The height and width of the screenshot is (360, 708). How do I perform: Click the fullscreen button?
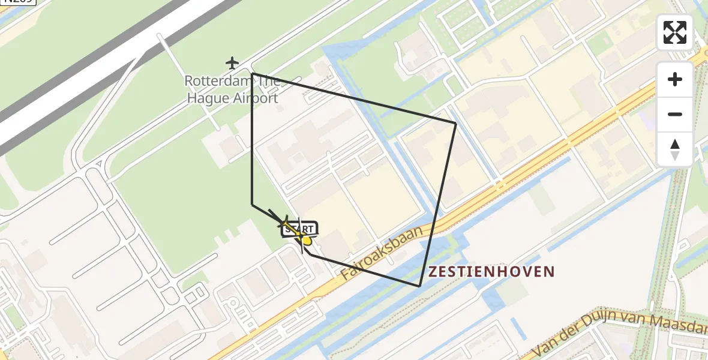tap(675, 32)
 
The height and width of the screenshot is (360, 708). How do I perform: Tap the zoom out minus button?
tap(675, 114)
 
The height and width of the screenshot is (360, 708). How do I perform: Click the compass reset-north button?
tap(675, 149)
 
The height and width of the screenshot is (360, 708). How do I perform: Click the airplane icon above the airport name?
tap(232, 62)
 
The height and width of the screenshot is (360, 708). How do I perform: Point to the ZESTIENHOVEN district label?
tap(491, 272)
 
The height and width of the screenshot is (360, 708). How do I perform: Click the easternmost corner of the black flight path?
tap(456, 123)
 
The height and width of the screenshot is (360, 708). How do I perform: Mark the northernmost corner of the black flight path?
tap(252, 73)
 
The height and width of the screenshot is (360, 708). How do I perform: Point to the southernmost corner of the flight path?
tap(419, 286)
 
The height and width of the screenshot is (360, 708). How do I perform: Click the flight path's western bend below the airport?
tap(252, 205)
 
